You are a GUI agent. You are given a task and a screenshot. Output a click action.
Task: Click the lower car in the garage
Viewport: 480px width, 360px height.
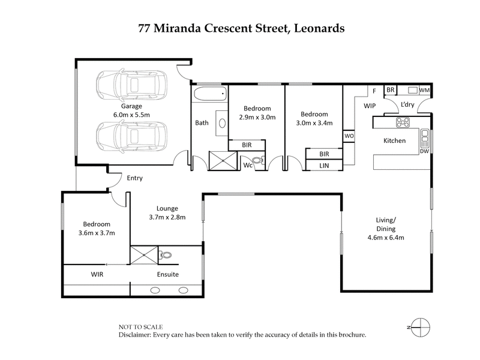(x=130, y=136)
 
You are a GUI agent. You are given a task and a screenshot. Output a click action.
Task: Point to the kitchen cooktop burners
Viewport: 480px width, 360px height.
(x=403, y=122)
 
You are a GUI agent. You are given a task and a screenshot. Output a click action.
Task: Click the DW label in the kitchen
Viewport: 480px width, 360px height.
(x=425, y=152)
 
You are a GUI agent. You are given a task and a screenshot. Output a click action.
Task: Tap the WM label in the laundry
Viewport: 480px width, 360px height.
(x=424, y=91)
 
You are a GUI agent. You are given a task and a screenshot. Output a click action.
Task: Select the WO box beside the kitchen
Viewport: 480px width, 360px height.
(x=349, y=137)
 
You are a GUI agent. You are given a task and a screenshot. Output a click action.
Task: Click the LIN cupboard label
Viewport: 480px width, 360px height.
(x=324, y=165)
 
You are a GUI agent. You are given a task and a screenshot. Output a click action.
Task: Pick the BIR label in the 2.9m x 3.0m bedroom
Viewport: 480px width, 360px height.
(x=247, y=145)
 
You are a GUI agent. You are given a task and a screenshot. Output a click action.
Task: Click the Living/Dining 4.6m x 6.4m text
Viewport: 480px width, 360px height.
(x=386, y=233)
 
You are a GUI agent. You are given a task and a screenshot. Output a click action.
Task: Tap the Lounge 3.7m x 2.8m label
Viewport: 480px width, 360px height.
(x=167, y=213)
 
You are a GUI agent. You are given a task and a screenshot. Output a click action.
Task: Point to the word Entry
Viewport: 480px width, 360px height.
(x=134, y=178)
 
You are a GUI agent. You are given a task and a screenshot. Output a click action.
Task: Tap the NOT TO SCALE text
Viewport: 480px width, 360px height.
(x=139, y=327)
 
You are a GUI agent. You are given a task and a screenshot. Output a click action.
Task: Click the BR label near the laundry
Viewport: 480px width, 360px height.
(x=390, y=90)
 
